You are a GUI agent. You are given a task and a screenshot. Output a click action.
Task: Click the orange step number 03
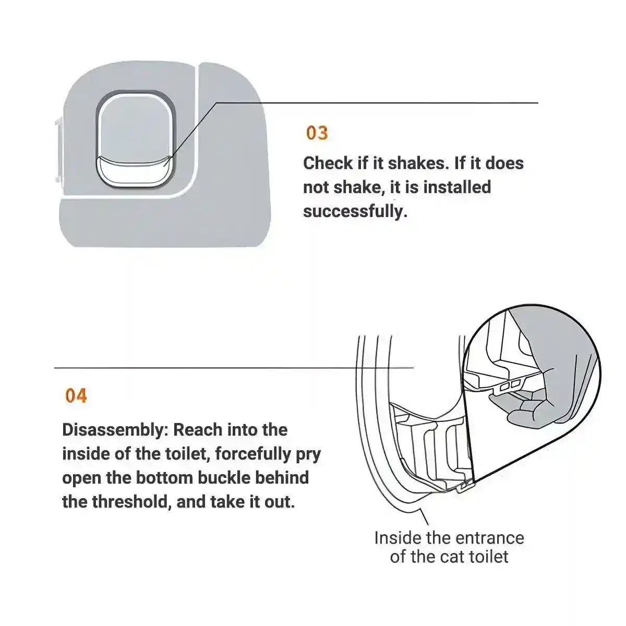click(317, 133)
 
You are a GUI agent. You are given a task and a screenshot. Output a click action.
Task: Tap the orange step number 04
click(76, 395)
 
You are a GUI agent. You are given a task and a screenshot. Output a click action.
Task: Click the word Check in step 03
click(328, 163)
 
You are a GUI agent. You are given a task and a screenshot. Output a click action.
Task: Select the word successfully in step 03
click(355, 211)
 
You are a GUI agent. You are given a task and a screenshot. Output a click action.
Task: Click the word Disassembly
click(115, 430)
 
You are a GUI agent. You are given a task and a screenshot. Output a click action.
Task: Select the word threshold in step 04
click(131, 502)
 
